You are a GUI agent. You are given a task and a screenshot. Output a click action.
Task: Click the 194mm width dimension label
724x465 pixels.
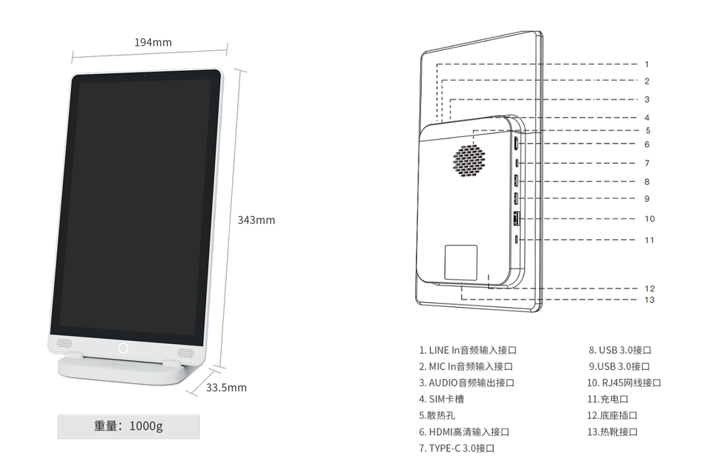(153, 42)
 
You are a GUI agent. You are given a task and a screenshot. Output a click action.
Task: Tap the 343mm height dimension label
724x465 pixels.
(256, 220)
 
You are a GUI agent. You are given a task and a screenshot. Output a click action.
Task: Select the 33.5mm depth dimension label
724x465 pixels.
(226, 388)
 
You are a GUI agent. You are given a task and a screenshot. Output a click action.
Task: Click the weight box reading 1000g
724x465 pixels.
(129, 426)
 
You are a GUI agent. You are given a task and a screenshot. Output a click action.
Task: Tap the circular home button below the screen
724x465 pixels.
(124, 348)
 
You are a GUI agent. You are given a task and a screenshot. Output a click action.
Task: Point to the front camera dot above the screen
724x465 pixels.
(144, 75)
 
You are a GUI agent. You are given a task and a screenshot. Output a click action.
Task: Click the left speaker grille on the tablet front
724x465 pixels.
(64, 343)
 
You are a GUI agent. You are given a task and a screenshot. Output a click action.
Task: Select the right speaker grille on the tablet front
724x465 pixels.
(186, 352)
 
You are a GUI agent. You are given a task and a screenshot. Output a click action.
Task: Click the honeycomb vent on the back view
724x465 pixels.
(469, 161)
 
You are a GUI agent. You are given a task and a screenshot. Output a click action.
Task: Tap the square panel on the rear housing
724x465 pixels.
(461, 262)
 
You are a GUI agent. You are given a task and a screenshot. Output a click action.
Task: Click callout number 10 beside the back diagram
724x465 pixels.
(650, 219)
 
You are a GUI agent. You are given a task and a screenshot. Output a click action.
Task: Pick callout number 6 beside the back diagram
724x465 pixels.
(647, 144)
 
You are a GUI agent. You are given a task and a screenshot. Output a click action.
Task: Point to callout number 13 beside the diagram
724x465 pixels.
(650, 300)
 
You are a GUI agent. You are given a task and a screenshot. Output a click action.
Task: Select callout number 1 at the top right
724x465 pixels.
(647, 64)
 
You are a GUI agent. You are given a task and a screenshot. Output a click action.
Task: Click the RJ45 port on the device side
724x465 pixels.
(516, 218)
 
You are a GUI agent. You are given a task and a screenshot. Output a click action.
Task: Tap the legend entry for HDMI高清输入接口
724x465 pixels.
(464, 432)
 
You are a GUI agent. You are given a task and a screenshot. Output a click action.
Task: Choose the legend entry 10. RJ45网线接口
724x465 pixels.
(624, 383)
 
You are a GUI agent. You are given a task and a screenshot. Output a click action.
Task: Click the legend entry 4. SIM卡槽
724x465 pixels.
(441, 399)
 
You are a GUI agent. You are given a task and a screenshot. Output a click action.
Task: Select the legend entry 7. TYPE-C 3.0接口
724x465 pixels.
(457, 449)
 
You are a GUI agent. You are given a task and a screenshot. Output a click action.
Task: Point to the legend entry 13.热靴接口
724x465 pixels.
(612, 432)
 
